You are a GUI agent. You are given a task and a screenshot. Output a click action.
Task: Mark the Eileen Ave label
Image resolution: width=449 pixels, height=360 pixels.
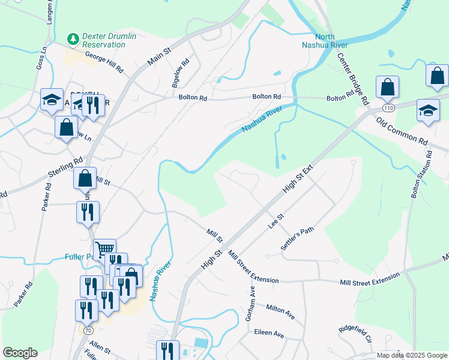[x=269, y=333]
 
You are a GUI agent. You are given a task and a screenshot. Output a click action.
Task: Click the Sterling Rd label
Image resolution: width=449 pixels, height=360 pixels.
[x=65, y=170]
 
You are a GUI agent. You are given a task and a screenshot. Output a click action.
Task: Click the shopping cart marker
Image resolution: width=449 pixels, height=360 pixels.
[x=105, y=248]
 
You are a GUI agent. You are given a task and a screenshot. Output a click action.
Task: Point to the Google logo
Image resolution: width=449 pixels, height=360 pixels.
[x=20, y=353]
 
